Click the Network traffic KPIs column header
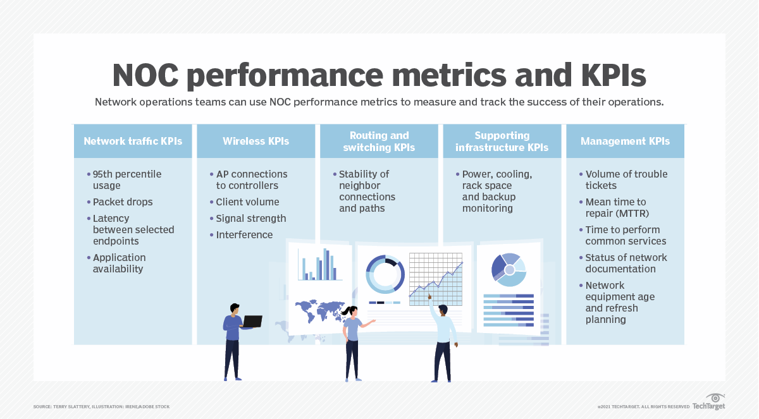[133, 141]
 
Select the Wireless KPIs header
[256, 141]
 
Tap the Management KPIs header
[625, 141]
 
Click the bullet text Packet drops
[123, 202]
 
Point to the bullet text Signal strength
[251, 219]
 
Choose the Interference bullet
[244, 235]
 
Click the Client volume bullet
[247, 202]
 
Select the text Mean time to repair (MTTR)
[615, 208]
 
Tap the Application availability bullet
[118, 264]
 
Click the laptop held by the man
[252, 321]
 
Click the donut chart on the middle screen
[385, 274]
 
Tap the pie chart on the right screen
[509, 269]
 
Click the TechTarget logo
[708, 403]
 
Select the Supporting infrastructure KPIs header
[502, 141]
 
